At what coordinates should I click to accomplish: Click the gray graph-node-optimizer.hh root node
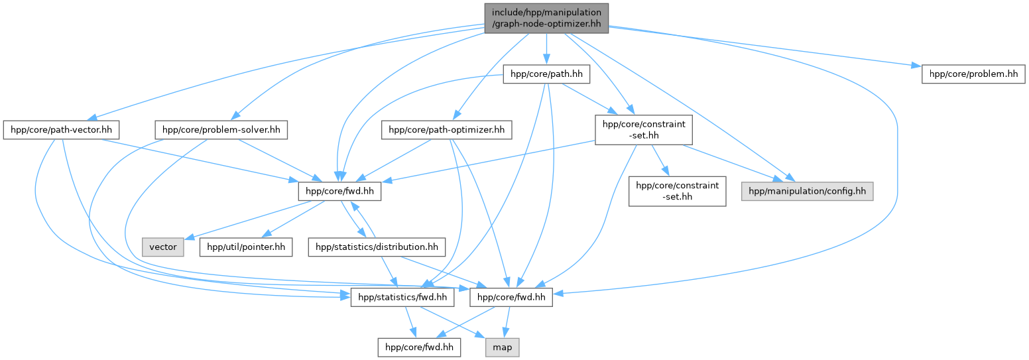pyautogui.click(x=546, y=19)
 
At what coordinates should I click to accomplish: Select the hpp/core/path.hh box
pyautogui.click(x=546, y=75)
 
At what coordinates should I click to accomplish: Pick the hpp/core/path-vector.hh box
pyautogui.click(x=58, y=130)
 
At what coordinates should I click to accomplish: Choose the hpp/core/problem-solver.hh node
pyautogui.click(x=221, y=130)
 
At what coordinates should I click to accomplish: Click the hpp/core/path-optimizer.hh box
pyautogui.click(x=446, y=131)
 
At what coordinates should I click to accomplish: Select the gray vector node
pyautogui.click(x=163, y=247)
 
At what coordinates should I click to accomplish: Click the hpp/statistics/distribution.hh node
pyautogui.click(x=377, y=247)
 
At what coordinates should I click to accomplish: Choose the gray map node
pyautogui.click(x=501, y=347)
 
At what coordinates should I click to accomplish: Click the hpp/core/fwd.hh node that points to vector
pyautogui.click(x=338, y=192)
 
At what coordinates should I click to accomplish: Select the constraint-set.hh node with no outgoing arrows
pyautogui.click(x=677, y=191)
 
